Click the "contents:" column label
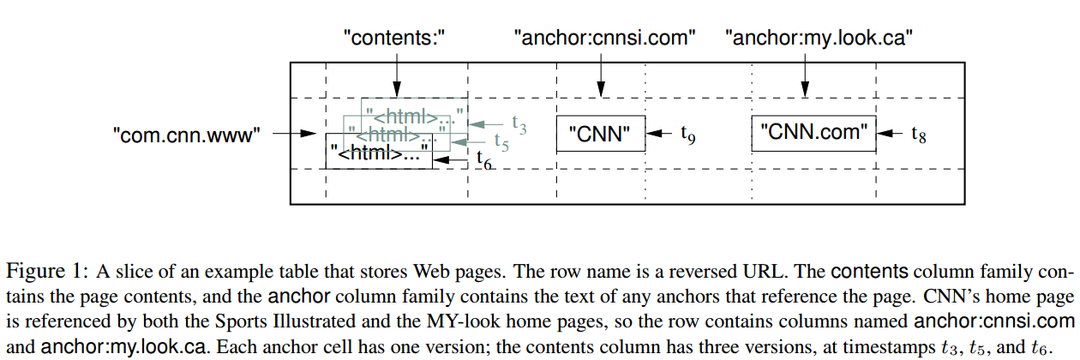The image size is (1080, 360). (395, 38)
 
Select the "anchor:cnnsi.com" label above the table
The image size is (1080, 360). (603, 38)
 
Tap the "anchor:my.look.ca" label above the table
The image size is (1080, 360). (818, 38)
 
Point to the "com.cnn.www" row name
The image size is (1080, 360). (186, 134)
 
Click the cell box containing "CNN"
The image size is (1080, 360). (601, 134)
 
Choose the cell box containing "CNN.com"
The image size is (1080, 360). (815, 133)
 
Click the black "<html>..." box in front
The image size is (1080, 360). (380, 153)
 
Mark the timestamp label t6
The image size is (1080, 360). (483, 159)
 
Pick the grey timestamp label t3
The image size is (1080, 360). (519, 124)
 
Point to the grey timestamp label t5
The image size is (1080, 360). (501, 143)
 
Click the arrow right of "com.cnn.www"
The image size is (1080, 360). (295, 134)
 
